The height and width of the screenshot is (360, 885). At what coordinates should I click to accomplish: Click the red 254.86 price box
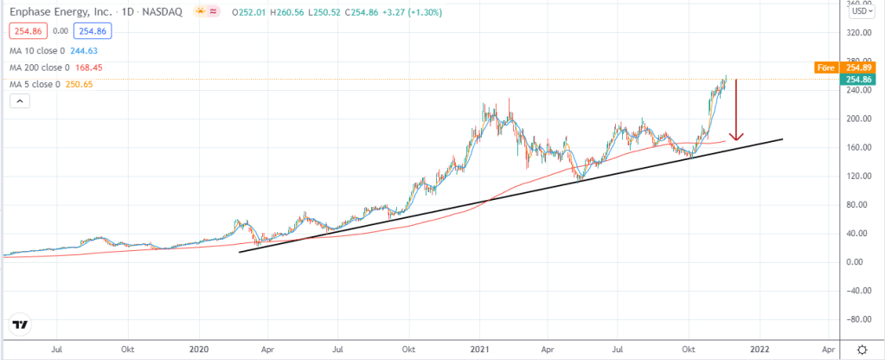point(26,30)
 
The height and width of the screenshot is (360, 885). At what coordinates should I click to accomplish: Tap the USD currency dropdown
point(859,11)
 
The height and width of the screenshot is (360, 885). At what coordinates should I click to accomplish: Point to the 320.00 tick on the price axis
point(858,33)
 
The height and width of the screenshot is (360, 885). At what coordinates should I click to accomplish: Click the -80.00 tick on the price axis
point(858,318)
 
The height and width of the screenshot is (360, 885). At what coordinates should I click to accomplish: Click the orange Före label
point(824,67)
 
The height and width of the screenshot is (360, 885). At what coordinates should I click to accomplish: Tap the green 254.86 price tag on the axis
point(860,78)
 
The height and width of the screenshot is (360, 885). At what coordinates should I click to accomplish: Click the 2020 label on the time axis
point(199,348)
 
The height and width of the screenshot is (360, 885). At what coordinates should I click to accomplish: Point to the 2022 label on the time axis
point(760,348)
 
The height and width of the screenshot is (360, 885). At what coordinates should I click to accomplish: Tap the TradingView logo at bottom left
point(19,325)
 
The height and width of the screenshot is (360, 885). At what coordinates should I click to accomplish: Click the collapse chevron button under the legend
point(20,101)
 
